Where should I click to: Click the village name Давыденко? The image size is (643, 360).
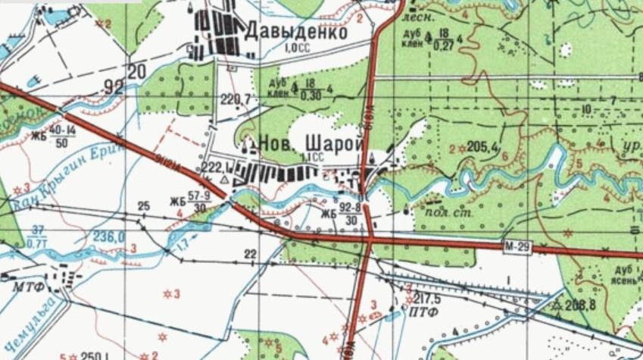[296, 33]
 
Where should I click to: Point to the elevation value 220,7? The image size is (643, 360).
[236, 99]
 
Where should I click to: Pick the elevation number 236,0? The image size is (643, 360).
[109, 236]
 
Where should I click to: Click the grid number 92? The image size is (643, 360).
[114, 86]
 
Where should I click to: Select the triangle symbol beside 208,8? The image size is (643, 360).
[558, 305]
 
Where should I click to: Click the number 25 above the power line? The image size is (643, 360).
[144, 205]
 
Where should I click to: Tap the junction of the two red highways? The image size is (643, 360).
[371, 239]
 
